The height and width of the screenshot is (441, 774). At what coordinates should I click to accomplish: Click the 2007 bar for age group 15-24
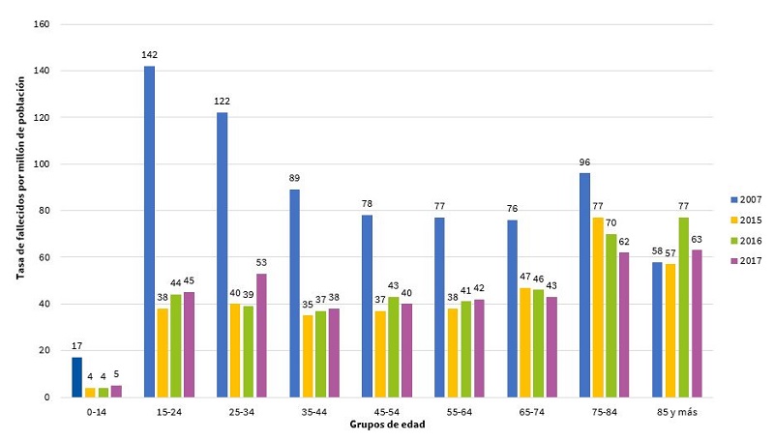pos(150,232)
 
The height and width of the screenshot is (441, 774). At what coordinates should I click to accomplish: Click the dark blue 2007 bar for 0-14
pos(77,377)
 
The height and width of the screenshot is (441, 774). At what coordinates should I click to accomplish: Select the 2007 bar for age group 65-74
pos(513,309)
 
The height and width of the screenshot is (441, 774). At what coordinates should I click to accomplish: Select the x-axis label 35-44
pos(313,411)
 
